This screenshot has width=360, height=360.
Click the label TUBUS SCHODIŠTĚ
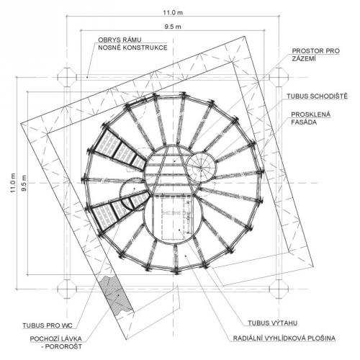coord(317,96)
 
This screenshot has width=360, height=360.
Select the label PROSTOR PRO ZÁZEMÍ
coord(315,55)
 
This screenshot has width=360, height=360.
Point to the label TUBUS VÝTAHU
coord(272,323)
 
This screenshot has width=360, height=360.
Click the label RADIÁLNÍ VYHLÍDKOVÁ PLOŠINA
coord(284,338)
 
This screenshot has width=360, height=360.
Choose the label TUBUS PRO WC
coord(48,325)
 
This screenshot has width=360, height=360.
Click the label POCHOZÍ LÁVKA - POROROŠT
coord(56,343)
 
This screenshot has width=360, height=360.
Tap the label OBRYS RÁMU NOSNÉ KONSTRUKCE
coord(132,44)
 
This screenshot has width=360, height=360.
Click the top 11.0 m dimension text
coord(173,12)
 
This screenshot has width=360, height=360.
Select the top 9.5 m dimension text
coord(173,27)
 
